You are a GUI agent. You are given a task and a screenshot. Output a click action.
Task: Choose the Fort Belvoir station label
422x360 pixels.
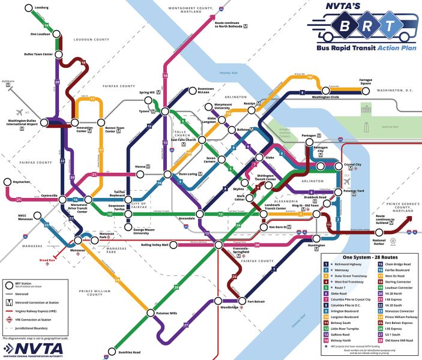257,301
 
